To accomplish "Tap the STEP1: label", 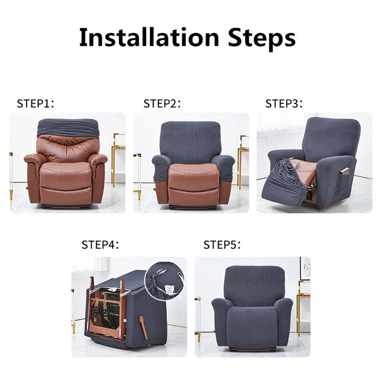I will tap(36, 104).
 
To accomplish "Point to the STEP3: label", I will tap(285, 104).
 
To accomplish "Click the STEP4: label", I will tap(100, 244).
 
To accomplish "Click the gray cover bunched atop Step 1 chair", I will tap(67, 127).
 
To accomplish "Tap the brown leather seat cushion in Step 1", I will tap(66, 171).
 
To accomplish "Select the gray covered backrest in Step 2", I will tap(191, 141).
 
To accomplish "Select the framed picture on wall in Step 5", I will tap(305, 268).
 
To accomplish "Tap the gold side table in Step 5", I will tap(303, 306).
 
